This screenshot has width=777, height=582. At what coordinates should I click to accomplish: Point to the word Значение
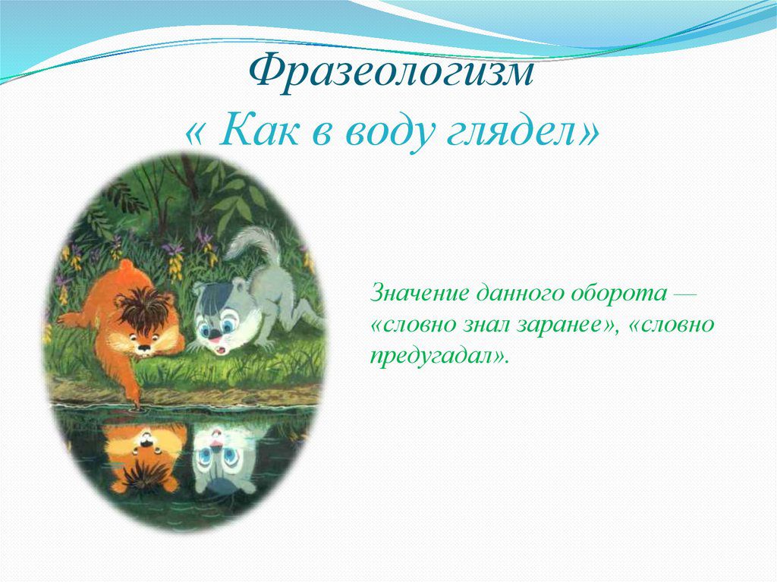pos(419,293)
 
